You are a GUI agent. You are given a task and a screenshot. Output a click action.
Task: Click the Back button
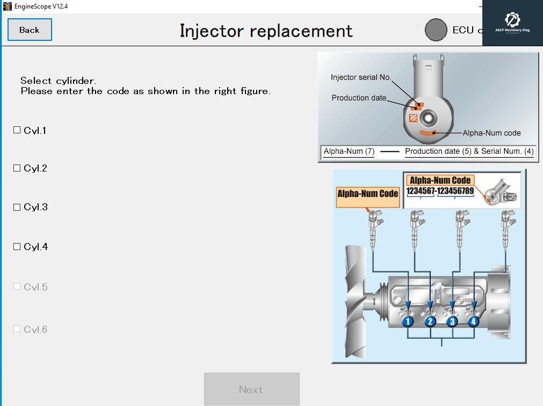coord(30,30)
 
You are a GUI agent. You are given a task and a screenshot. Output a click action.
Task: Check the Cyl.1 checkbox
coord(17,130)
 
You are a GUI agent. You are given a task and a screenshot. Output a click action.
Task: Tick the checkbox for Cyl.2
coord(17,168)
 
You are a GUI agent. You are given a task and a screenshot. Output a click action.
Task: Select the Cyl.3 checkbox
coord(17,207)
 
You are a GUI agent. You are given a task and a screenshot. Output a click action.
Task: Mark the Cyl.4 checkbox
coord(17,247)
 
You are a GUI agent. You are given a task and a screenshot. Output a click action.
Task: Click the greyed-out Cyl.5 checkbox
coord(17,287)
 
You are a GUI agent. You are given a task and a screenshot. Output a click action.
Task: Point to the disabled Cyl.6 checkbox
coord(17,329)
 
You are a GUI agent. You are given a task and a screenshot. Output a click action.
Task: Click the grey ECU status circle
coord(436,30)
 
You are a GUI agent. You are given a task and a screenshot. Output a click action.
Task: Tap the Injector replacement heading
coord(266,31)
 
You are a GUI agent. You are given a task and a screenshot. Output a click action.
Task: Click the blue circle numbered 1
coord(408,322)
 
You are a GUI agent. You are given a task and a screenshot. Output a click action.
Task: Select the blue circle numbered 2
coord(430,322)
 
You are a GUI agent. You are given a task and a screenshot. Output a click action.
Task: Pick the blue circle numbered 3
coord(452,322)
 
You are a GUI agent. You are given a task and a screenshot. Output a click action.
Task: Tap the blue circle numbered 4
coord(473,322)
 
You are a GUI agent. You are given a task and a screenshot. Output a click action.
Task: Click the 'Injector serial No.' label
coord(361,77)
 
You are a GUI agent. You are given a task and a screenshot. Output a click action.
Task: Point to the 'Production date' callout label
coord(359,98)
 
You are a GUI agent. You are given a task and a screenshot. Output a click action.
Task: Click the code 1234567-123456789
coord(440,191)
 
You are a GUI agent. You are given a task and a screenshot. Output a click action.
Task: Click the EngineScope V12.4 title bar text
coord(41,6)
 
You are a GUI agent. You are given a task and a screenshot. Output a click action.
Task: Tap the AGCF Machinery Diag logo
coord(512,23)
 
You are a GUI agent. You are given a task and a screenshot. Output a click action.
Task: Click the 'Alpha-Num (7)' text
coord(349,152)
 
